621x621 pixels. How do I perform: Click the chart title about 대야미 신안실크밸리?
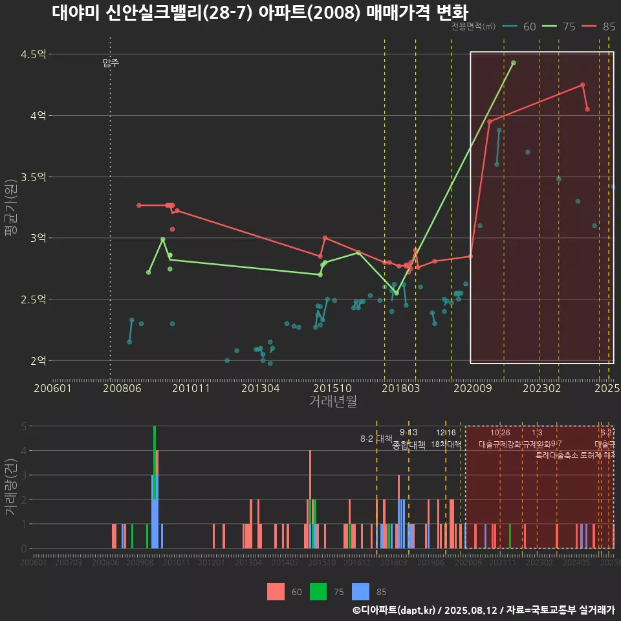point(259,12)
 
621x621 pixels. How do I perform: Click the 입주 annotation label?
point(111,63)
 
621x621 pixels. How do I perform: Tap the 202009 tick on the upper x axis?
point(471,388)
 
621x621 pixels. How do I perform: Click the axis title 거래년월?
point(332,401)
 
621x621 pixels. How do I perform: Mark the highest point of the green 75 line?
point(514,63)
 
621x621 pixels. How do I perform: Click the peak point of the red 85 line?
point(583,85)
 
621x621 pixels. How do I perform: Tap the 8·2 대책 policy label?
point(376,439)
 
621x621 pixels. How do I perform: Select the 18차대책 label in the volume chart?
point(446,445)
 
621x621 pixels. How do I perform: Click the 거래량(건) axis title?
point(10,487)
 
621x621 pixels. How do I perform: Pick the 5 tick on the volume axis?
point(24,426)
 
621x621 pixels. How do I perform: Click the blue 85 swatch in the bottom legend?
point(361,591)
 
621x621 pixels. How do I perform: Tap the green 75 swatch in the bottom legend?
point(318,591)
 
